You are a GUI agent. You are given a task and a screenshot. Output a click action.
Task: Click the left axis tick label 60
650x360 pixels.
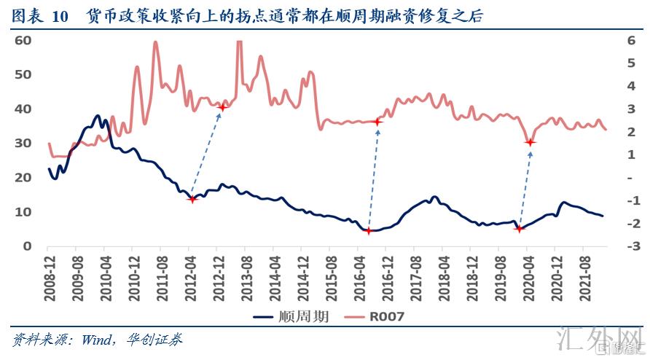(x=23, y=40)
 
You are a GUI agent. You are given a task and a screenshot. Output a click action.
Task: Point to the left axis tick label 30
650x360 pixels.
(x=23, y=143)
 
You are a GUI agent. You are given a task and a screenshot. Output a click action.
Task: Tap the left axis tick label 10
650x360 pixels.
(x=23, y=211)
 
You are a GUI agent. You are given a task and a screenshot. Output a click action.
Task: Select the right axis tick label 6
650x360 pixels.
(x=629, y=40)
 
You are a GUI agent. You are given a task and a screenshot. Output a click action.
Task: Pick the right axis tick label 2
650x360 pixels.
(x=629, y=132)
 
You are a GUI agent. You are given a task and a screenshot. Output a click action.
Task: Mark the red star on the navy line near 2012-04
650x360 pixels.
(x=192, y=198)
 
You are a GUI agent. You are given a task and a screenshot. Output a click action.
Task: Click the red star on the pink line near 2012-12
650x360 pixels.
(x=222, y=108)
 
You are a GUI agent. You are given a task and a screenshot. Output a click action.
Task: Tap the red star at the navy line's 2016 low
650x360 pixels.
(x=369, y=231)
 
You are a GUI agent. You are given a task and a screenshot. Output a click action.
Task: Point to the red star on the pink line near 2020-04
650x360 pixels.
(x=530, y=142)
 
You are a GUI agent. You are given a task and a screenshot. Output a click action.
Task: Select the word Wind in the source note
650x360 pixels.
(x=92, y=340)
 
